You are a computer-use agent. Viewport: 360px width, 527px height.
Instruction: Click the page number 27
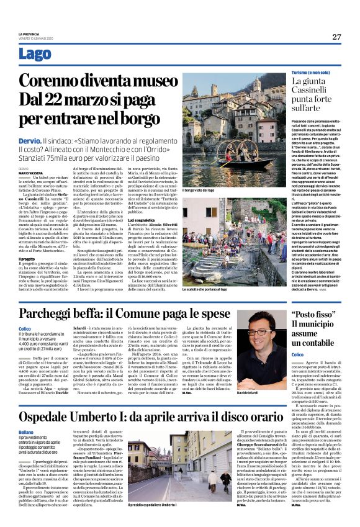[336, 37]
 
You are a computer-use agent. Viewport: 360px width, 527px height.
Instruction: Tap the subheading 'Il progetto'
[27, 241]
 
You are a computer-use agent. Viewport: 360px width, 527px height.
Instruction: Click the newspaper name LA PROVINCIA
[29, 34]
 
